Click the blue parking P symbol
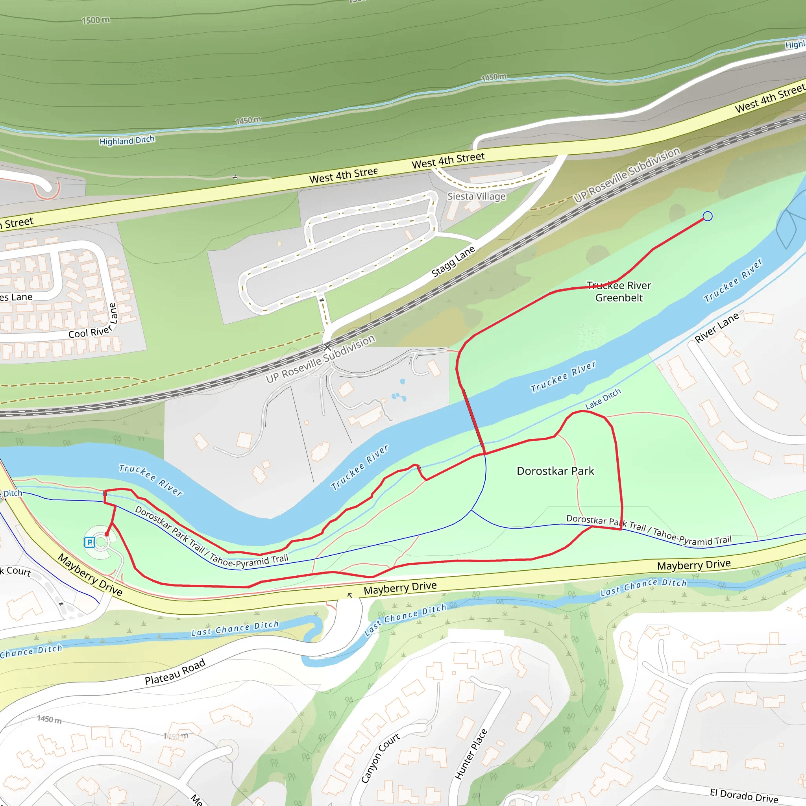pos(89,542)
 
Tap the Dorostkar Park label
pos(555,471)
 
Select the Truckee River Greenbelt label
pos(619,292)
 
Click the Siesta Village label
pos(477,196)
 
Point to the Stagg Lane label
pos(453,262)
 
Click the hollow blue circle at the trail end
pos(708,216)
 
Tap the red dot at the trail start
pos(107,534)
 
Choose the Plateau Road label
pos(175,672)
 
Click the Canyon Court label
pos(380,757)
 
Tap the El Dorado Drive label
pos(744,795)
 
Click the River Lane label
pos(717,327)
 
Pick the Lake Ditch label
pos(603,399)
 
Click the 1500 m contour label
pos(96,20)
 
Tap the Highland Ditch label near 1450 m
pos(127,140)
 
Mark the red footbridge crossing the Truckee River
pos(473,421)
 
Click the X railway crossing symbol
pos(327,347)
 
